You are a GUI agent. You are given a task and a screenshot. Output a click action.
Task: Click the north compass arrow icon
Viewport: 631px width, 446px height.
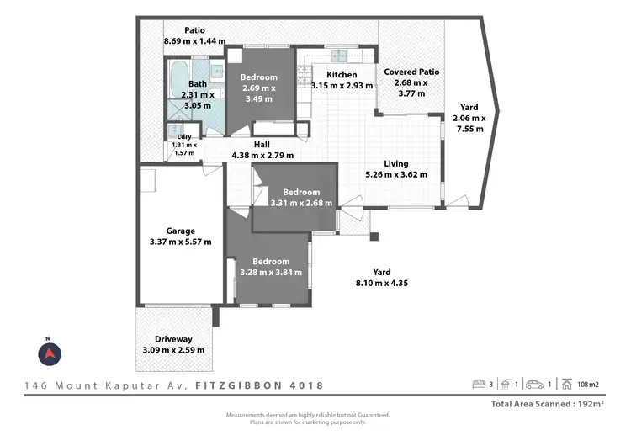click(x=50, y=353)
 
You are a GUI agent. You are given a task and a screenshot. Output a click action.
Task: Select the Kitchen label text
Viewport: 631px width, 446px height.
click(x=330, y=74)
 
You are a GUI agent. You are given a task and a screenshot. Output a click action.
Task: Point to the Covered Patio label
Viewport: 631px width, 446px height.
click(x=411, y=72)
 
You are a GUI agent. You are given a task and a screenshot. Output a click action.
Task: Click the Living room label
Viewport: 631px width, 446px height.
click(x=396, y=163)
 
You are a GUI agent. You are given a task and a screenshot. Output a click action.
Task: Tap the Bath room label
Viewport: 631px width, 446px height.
click(x=197, y=83)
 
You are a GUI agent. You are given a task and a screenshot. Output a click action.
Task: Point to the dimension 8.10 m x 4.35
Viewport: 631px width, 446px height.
click(x=384, y=283)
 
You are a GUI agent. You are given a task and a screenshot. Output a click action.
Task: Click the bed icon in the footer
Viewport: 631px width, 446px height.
click(x=478, y=385)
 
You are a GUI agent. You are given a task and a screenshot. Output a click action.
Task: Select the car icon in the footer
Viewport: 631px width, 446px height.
click(x=534, y=385)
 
